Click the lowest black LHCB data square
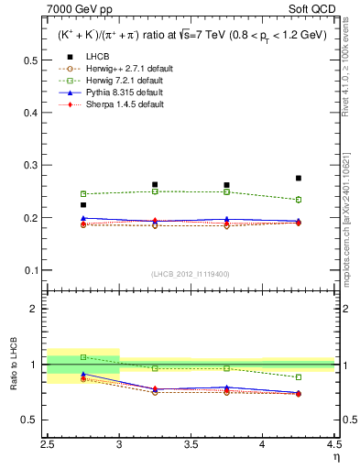pos(83,205)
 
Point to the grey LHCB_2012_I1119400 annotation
pos(191,274)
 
